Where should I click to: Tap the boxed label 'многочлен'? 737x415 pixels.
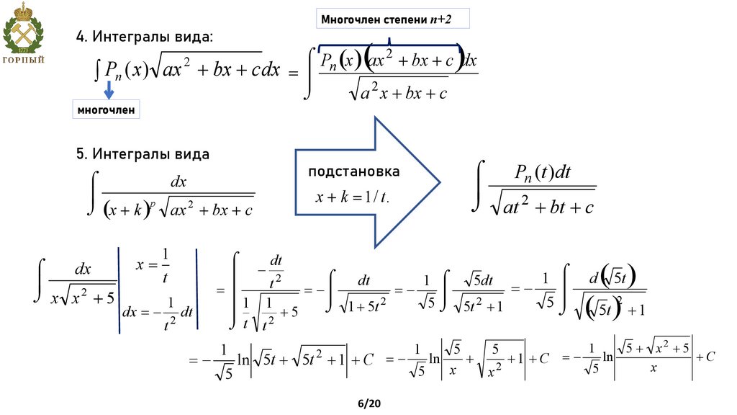coord(106,110)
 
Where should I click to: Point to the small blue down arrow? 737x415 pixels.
coord(108,89)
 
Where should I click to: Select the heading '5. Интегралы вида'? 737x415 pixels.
coord(143,154)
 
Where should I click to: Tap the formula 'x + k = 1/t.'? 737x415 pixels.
coord(353,197)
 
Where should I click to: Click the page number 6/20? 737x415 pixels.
coord(368,403)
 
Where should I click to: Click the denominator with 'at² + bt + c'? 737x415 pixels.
coord(543,207)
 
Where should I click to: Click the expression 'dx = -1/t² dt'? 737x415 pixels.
coord(158,312)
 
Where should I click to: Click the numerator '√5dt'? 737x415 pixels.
coord(479,280)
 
